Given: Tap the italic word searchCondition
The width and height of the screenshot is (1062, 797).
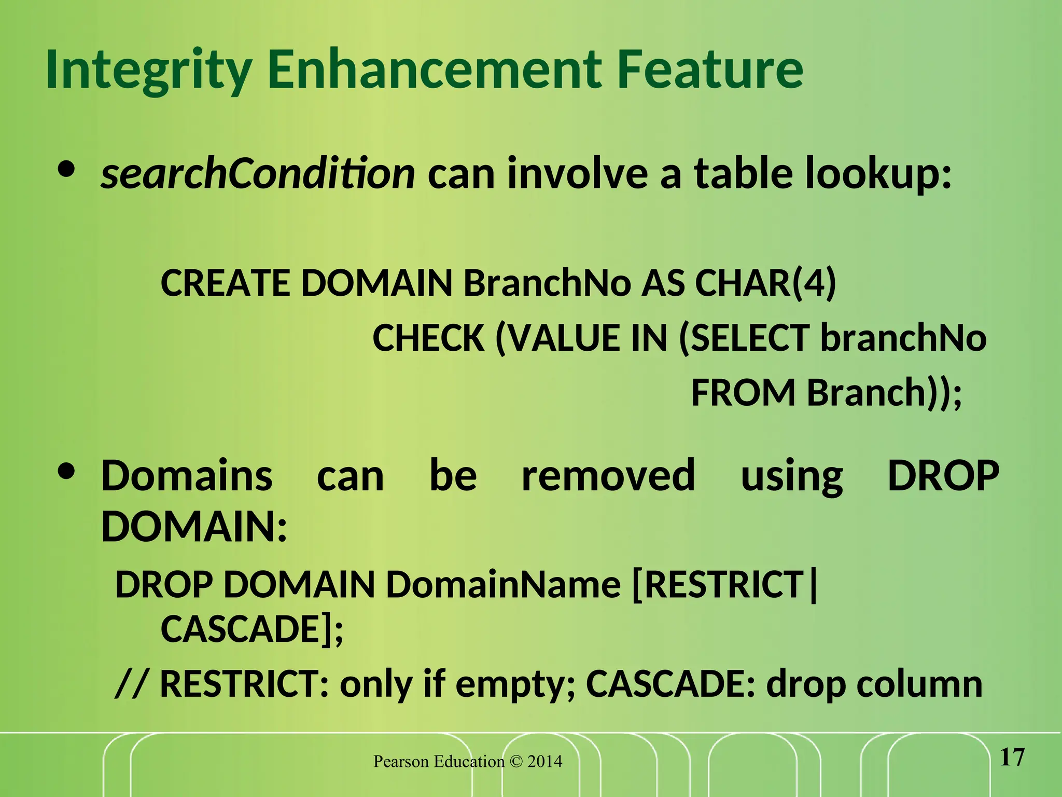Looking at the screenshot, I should pyautogui.click(x=258, y=174).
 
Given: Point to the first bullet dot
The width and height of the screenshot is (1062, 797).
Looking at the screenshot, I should pyautogui.click(x=67, y=170).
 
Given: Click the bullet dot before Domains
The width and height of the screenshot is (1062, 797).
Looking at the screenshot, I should pyautogui.click(x=67, y=472).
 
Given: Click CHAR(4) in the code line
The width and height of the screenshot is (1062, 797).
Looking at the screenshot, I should pyautogui.click(x=765, y=283).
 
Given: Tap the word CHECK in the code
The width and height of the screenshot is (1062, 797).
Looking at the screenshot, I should pyautogui.click(x=428, y=338).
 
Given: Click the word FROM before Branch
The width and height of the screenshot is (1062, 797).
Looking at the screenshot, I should pyautogui.click(x=743, y=393).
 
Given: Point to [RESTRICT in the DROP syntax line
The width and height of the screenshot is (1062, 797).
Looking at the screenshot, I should pyautogui.click(x=718, y=585).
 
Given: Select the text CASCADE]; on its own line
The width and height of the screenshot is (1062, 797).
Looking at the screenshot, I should pyautogui.click(x=252, y=629).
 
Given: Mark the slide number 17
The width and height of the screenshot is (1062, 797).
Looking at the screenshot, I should pyautogui.click(x=1012, y=758).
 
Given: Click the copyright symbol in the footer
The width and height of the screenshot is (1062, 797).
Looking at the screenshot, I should pyautogui.click(x=516, y=762).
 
